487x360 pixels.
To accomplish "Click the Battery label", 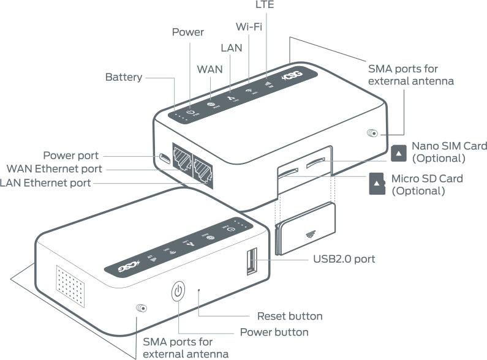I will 124,77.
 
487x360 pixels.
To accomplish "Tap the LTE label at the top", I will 264,5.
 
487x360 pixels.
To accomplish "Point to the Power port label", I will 70,156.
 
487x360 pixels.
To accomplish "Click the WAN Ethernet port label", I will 54,169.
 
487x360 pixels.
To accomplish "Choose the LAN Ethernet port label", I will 45,182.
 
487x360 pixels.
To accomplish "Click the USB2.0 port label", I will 344,259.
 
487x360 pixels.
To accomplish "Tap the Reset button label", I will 290,317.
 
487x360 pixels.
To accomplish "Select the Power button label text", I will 274,332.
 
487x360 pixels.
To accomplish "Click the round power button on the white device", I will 178,291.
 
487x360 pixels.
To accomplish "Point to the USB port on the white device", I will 251,261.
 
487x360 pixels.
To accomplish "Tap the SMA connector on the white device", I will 142,309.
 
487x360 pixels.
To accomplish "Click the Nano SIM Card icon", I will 399,152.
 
